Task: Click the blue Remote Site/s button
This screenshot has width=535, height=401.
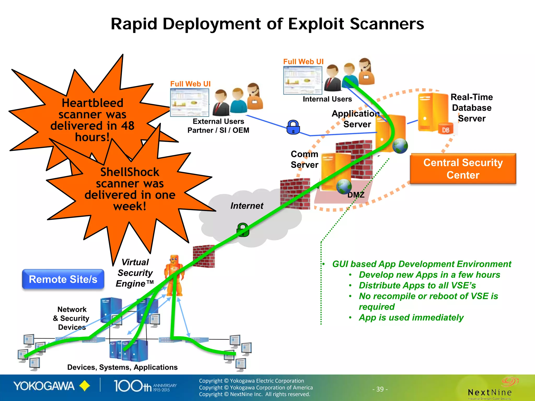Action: point(63,279)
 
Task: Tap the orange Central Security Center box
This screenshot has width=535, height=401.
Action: point(463,169)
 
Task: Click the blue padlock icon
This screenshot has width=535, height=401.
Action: point(293,127)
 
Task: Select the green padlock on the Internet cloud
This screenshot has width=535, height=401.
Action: point(243,230)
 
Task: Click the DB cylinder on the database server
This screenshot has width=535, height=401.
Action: point(446,129)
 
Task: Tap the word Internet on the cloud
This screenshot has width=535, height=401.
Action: point(247,206)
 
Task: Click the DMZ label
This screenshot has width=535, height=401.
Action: point(356,195)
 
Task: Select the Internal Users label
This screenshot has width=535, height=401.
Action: point(327,99)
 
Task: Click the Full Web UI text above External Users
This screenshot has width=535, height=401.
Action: point(190,84)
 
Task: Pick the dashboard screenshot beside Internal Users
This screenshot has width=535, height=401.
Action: point(303,80)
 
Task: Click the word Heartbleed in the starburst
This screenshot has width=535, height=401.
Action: point(92,103)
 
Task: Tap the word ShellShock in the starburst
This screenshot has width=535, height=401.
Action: point(130,172)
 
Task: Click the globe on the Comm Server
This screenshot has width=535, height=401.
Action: point(344,186)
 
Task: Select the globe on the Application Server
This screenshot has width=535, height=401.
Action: point(400,146)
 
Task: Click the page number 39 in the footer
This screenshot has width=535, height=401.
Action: point(380,389)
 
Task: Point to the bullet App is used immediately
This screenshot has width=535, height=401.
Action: point(411,317)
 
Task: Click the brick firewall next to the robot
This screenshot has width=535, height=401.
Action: point(204,256)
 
